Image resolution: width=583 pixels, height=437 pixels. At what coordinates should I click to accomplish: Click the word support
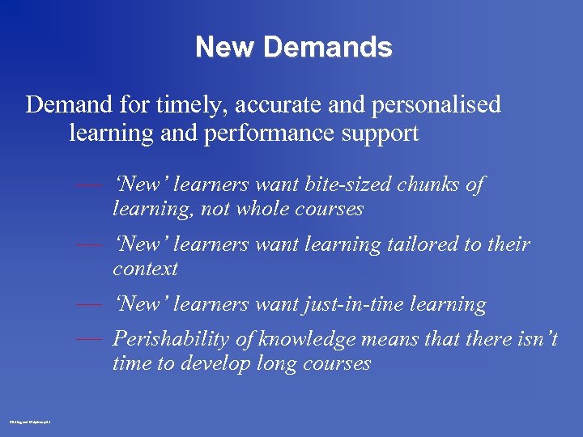(x=381, y=133)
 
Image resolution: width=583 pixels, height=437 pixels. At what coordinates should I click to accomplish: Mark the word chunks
(x=432, y=185)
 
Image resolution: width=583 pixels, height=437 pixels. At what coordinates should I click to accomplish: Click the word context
(x=145, y=268)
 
